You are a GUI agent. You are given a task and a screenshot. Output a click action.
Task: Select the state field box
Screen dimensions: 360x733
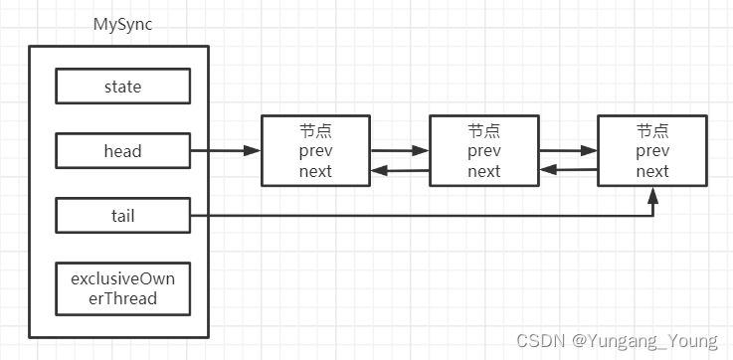[x=122, y=87]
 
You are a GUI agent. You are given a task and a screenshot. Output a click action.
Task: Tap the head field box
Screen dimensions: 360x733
[x=122, y=151]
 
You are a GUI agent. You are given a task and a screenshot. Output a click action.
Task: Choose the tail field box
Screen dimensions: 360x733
[x=122, y=215]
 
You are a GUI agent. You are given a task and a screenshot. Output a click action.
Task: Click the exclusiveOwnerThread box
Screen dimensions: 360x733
[x=122, y=288]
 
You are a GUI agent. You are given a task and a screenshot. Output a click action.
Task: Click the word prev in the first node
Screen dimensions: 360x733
[x=315, y=151]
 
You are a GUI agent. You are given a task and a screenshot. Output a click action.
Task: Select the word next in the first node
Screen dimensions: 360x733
[x=315, y=170]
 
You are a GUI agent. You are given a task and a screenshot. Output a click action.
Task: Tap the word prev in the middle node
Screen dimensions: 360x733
[x=483, y=151]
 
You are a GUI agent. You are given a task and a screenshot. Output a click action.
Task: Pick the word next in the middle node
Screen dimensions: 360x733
[x=483, y=170]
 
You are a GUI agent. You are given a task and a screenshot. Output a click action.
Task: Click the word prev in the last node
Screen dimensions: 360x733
[x=651, y=151]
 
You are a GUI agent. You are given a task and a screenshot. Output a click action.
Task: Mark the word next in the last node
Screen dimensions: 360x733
[x=651, y=170]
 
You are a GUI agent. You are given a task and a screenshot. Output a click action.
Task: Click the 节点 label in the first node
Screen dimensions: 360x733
[x=315, y=131]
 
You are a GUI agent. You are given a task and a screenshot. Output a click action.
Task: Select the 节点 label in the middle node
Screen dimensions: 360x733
[x=483, y=131]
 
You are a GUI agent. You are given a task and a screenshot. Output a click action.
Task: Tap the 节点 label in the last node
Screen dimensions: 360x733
[x=651, y=131]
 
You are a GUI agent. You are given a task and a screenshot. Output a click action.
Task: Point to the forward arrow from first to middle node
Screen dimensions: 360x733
[x=400, y=152]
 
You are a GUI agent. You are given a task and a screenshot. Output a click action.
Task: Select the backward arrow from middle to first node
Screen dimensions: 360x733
[x=400, y=171]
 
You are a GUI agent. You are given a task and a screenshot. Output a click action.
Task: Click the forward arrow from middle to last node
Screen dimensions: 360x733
[x=568, y=152]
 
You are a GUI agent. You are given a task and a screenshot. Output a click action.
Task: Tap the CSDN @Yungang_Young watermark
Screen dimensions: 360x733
[x=617, y=340]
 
